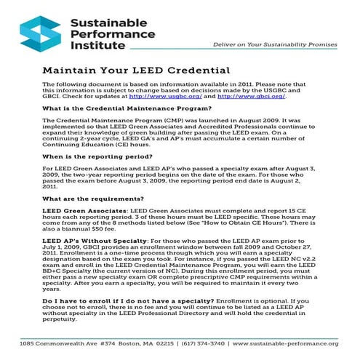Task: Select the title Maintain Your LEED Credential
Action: click(137, 71)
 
